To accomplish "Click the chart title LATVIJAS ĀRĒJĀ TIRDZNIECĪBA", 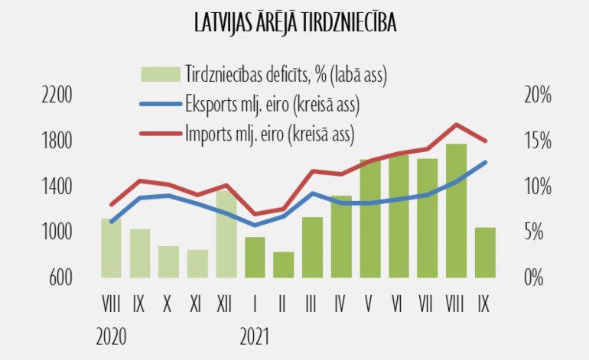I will [294, 24].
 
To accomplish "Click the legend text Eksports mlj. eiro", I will [272, 103].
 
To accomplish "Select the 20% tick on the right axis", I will [537, 96].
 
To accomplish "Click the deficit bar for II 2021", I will [284, 264].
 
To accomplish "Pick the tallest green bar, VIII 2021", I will [457, 211].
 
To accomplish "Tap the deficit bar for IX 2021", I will [485, 252].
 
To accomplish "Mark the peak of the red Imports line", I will [457, 124].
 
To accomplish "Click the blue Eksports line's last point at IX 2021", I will [485, 162].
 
